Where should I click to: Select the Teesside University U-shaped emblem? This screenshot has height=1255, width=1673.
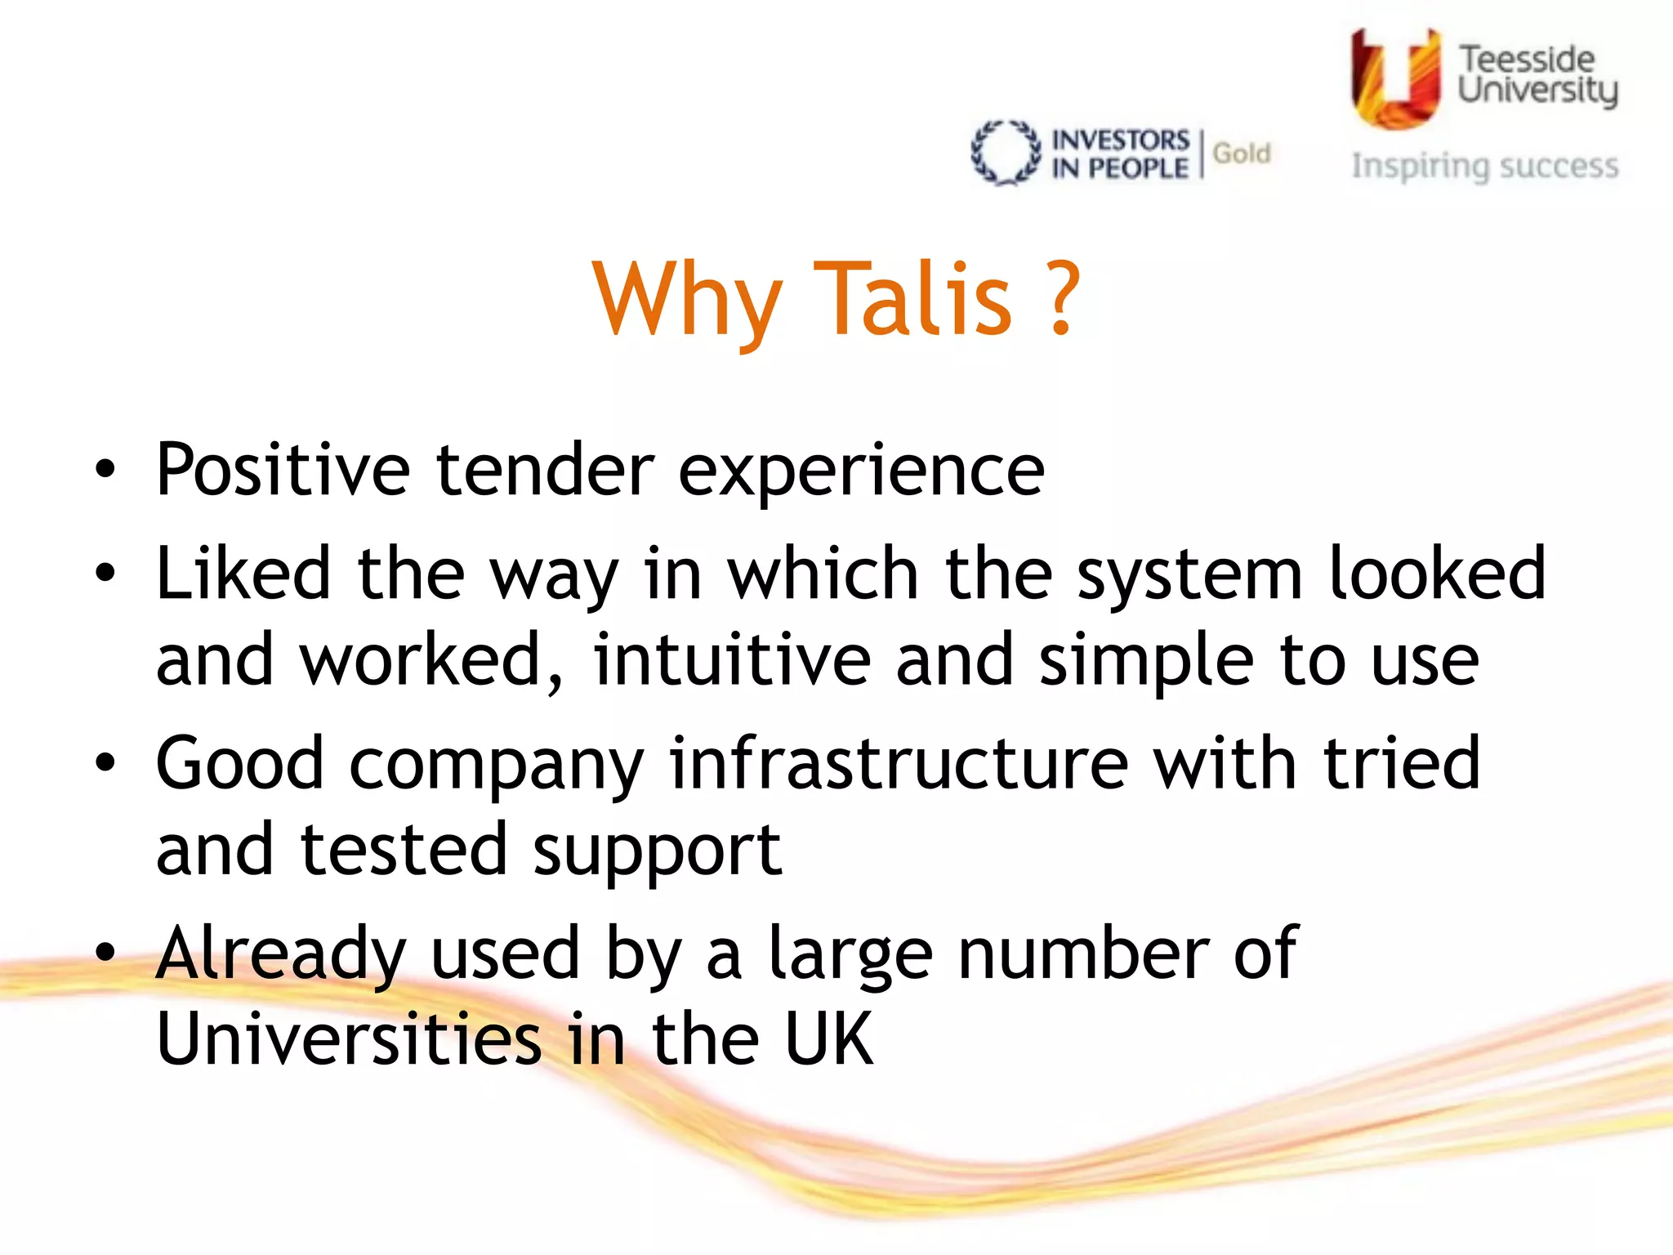pyautogui.click(x=1395, y=79)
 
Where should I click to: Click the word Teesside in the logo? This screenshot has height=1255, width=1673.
pyautogui.click(x=1526, y=59)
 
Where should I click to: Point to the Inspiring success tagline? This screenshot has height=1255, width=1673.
pyautogui.click(x=1484, y=166)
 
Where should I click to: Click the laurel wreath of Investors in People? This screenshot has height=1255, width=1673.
pyautogui.click(x=1006, y=153)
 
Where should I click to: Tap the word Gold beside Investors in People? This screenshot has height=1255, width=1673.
pyautogui.click(x=1242, y=153)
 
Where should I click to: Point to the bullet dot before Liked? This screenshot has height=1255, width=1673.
pyautogui.click(x=105, y=574)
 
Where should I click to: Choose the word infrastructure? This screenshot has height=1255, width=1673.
pyautogui.click(x=899, y=763)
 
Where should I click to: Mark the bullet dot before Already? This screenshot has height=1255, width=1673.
pyautogui.click(x=105, y=952)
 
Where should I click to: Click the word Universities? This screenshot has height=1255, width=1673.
pyautogui.click(x=349, y=1038)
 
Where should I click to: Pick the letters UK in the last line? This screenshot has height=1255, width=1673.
pyautogui.click(x=828, y=1038)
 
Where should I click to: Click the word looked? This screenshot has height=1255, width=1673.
pyautogui.click(x=1437, y=574)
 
